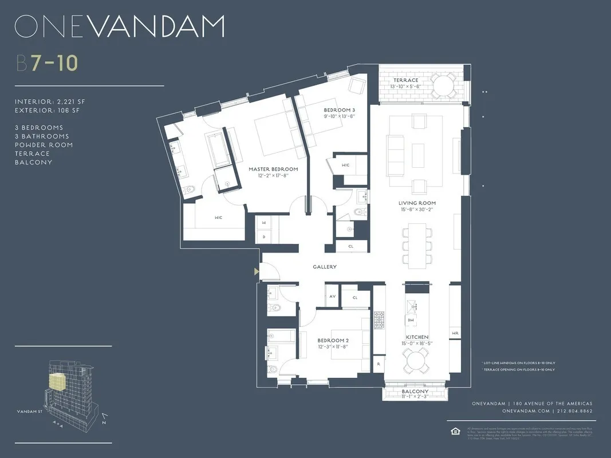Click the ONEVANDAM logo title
pyautogui.click(x=119, y=27)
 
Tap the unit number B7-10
pyautogui.click(x=46, y=63)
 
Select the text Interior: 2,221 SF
pyautogui.click(x=50, y=101)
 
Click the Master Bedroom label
pyautogui.click(x=273, y=169)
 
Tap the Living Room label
pyautogui.click(x=417, y=203)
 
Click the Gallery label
pyautogui.click(x=325, y=267)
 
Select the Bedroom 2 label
pyautogui.click(x=333, y=341)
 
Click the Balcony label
pyautogui.click(x=415, y=392)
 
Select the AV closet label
pyautogui.click(x=332, y=297)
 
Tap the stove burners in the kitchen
pyautogui.click(x=380, y=321)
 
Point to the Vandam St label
pyautogui.click(x=29, y=411)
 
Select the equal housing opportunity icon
pyautogui.click(x=455, y=430)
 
